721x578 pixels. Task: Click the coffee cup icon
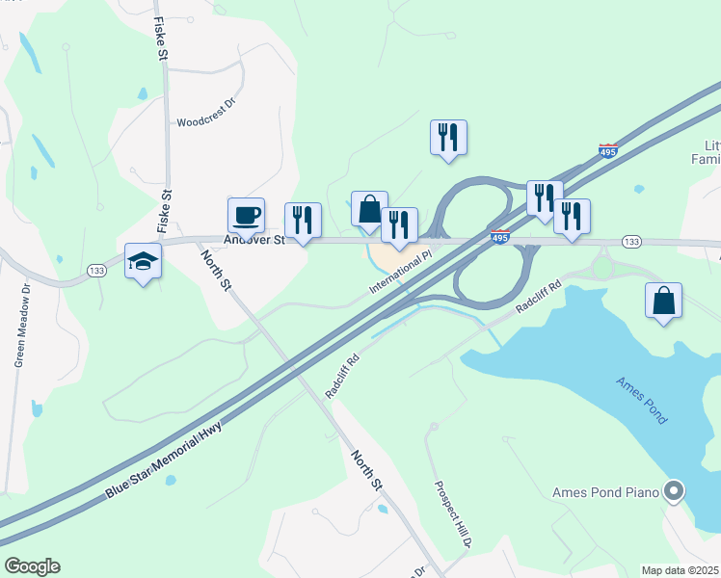point(246,214)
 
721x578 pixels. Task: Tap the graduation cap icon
point(143,261)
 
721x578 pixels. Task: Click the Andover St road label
point(254,240)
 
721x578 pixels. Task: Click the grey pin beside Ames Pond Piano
point(675,492)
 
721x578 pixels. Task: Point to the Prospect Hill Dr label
point(451,515)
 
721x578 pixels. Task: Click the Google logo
point(32,566)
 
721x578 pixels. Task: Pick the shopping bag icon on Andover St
point(369,208)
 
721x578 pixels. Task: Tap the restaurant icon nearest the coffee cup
point(303,220)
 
